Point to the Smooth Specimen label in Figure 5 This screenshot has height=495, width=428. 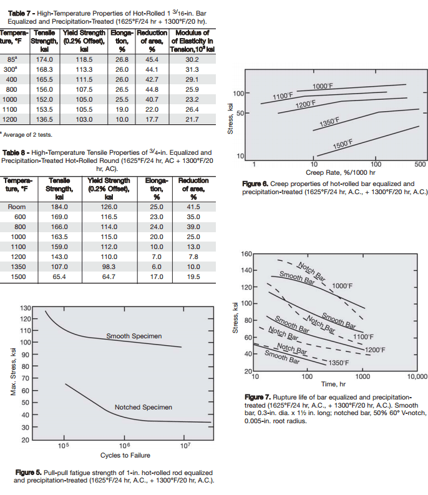point(134,336)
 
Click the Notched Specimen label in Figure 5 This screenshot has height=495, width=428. point(143,408)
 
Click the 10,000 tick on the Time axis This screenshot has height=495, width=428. point(416,377)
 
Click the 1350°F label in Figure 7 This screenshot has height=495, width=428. point(338,363)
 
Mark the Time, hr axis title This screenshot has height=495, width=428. point(334,385)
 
